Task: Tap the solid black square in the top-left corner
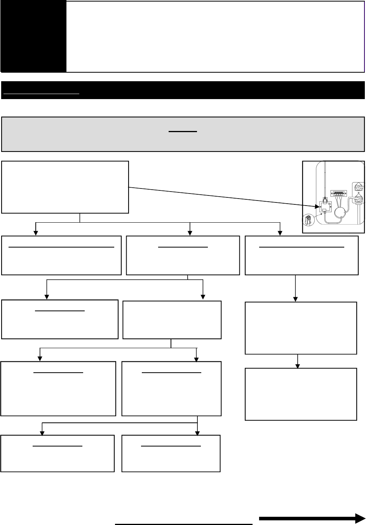33,36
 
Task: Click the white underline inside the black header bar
41,94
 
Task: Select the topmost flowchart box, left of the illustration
65,187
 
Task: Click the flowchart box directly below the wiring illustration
302,255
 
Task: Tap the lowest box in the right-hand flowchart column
301,394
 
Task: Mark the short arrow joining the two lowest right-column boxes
298,361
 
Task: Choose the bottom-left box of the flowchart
58,453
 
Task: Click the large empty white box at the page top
215,36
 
